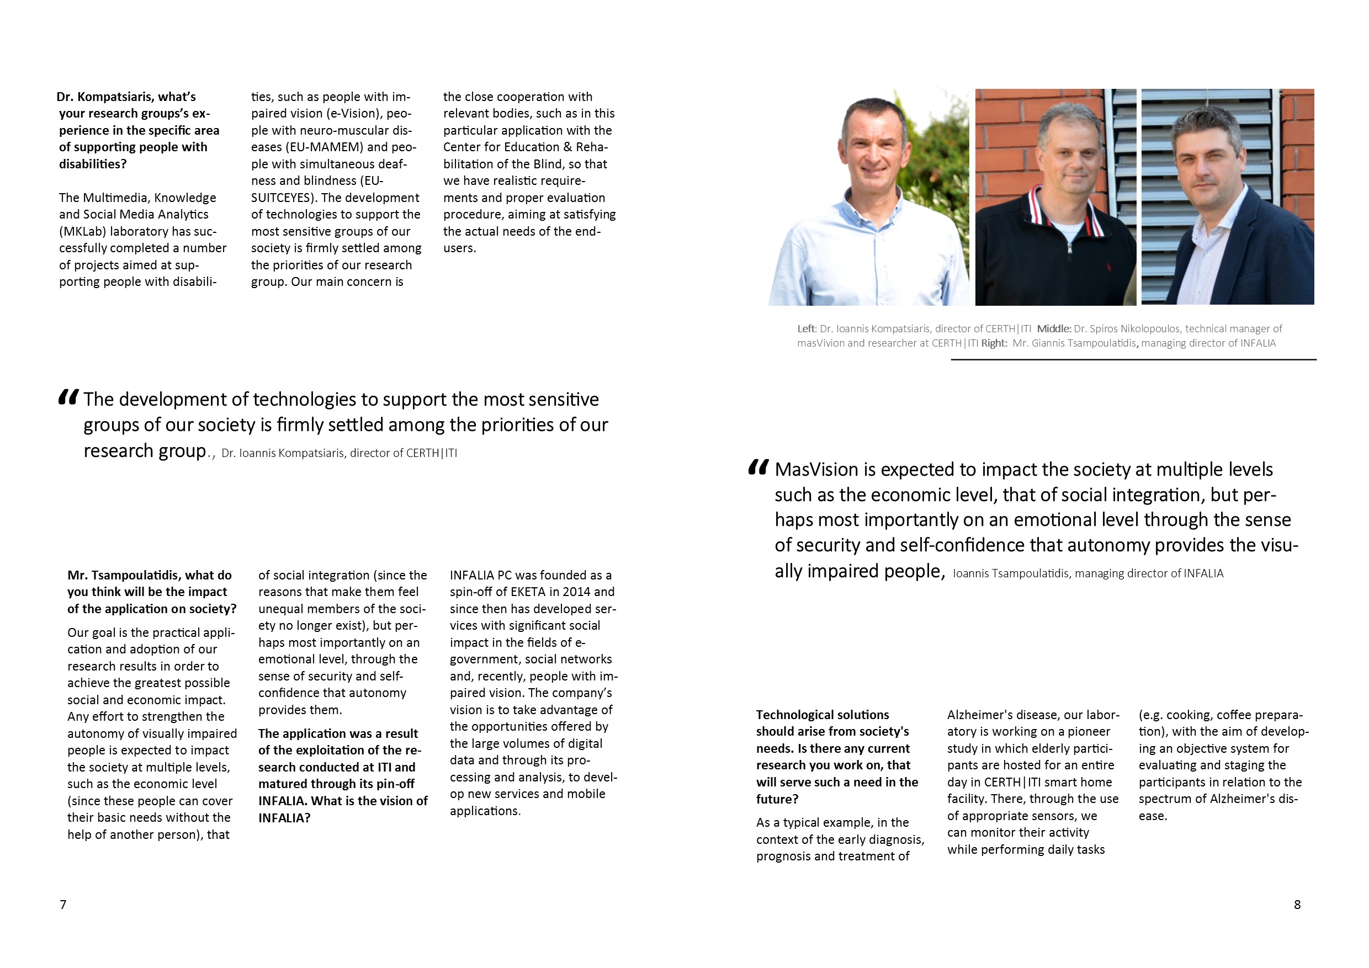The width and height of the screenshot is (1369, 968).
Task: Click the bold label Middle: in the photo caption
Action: [x=1054, y=328]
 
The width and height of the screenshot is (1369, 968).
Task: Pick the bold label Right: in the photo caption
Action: [x=994, y=343]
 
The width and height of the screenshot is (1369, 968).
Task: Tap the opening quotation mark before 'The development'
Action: [x=68, y=397]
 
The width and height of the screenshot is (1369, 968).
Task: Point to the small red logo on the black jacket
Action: [x=1109, y=267]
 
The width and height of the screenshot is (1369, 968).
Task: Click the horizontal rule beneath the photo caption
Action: [x=1133, y=360]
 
